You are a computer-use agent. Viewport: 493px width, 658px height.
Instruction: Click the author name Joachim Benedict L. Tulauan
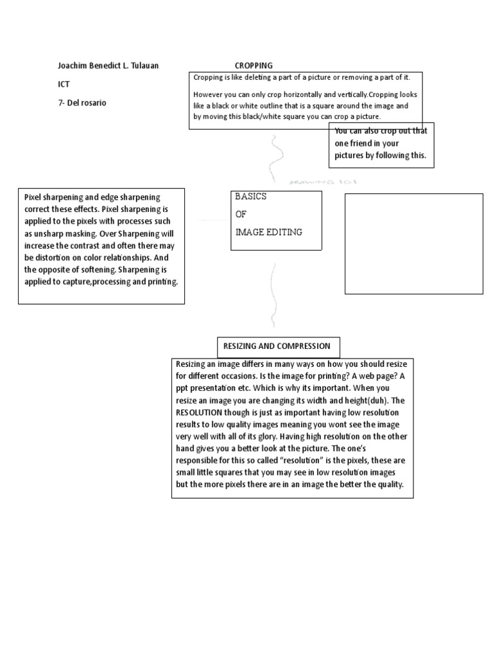coord(108,66)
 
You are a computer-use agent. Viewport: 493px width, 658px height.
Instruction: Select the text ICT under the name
coord(64,84)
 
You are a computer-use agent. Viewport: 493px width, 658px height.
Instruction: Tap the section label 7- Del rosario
coord(82,103)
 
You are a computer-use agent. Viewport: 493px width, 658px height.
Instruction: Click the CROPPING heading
coord(254,66)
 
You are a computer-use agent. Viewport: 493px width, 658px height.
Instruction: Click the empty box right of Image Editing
coord(414,244)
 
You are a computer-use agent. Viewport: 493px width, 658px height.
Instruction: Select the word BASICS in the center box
coord(250,197)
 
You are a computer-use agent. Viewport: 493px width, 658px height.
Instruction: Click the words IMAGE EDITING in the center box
coord(268,233)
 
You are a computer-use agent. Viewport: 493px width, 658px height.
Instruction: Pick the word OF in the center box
coord(241,215)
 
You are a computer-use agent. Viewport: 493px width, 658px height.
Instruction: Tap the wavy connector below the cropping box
coord(277,154)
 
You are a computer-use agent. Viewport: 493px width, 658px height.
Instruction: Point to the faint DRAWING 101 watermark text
coord(324,182)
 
